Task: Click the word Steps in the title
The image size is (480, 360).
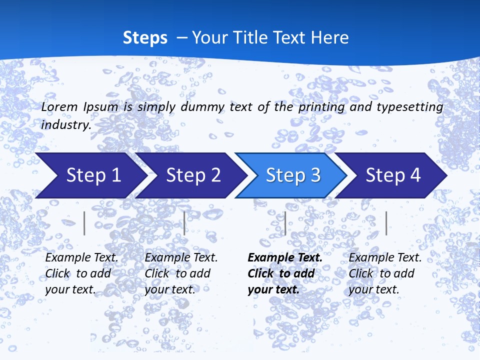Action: point(145,38)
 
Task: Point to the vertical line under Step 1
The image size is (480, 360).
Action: point(84,223)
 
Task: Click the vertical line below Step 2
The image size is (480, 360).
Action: point(184,223)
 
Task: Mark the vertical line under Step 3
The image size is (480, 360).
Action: point(285,223)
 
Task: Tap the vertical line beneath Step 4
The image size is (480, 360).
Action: point(386,223)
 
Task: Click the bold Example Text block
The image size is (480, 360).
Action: point(285,273)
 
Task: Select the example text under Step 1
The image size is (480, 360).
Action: point(81,273)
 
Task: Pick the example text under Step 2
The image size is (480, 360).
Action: point(181,273)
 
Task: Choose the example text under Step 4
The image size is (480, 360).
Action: point(385,273)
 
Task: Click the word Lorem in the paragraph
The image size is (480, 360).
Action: point(59,106)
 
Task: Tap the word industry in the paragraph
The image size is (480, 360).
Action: point(66,125)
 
